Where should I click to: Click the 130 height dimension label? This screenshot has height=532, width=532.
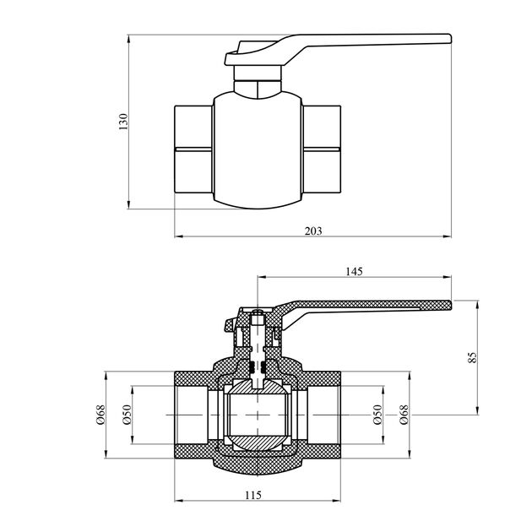pos(123,121)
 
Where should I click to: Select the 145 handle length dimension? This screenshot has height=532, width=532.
pos(354,271)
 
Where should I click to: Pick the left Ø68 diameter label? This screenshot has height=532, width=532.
pos(100,415)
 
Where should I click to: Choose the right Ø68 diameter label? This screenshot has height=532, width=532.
pos(403,415)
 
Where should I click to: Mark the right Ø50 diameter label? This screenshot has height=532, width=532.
pos(377,415)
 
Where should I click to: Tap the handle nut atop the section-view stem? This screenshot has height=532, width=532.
pos(259,318)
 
